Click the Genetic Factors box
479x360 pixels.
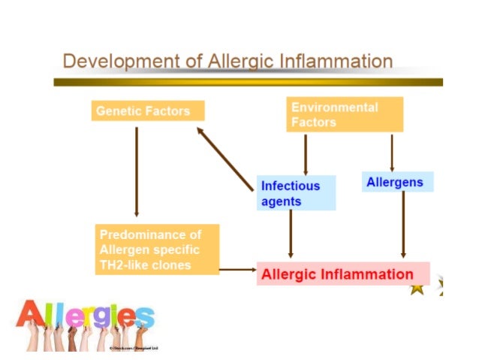(x=148, y=111)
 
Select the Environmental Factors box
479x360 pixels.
(x=345, y=114)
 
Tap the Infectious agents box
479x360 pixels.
(x=296, y=193)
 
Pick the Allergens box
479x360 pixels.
(x=397, y=182)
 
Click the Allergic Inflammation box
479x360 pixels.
(x=343, y=274)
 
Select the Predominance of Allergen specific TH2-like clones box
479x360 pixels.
(x=158, y=249)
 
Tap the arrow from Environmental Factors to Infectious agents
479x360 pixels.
(x=305, y=154)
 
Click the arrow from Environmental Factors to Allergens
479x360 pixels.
(x=392, y=153)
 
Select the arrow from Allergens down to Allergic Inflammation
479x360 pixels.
(x=403, y=225)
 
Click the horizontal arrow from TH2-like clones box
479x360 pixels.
(x=238, y=268)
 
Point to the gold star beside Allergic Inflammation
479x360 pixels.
(x=417, y=288)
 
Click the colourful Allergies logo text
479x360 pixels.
(x=84, y=315)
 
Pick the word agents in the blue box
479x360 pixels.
(x=282, y=201)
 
